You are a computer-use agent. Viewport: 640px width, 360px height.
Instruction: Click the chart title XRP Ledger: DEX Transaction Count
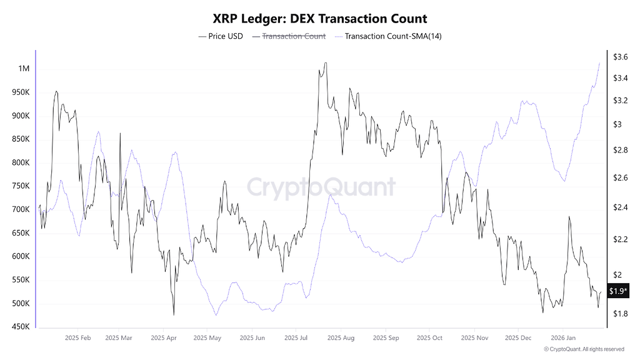(x=320, y=19)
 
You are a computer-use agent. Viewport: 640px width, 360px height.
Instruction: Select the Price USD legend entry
(x=221, y=36)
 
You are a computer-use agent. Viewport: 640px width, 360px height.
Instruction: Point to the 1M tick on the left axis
(x=23, y=69)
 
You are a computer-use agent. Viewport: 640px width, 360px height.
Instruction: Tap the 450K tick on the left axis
(x=21, y=327)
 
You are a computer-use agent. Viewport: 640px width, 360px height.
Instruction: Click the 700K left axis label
(x=21, y=209)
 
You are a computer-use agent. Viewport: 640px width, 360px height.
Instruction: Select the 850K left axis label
(x=21, y=139)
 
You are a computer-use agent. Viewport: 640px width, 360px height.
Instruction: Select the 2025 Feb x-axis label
(x=77, y=338)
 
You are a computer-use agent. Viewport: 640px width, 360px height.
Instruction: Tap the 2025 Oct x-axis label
(x=429, y=338)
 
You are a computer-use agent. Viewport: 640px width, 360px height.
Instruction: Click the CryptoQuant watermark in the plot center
(x=320, y=187)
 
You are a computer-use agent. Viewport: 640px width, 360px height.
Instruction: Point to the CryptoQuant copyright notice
(x=584, y=349)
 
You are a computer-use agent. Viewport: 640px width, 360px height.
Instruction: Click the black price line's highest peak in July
(x=325, y=63)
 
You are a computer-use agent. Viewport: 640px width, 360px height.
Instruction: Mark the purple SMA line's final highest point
(x=599, y=62)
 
